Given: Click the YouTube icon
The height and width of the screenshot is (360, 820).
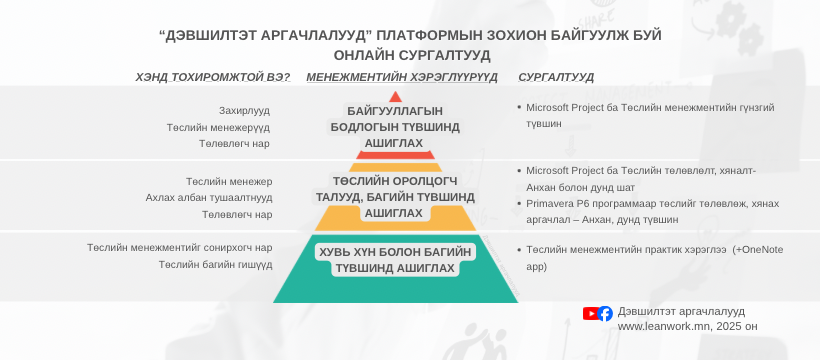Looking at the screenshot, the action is point(590,313).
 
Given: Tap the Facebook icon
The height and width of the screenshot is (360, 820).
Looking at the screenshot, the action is point(605,313).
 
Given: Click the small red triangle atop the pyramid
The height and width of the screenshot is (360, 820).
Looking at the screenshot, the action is point(395,96).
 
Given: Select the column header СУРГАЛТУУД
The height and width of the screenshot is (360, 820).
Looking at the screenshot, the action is point(556,77).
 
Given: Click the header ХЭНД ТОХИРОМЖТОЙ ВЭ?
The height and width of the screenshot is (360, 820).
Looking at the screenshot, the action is point(213,77).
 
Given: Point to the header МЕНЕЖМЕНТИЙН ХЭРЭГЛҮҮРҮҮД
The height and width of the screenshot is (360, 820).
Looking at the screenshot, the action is point(402,77).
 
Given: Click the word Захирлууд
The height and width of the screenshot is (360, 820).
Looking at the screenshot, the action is point(244,111).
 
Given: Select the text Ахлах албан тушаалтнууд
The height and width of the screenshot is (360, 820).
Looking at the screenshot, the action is point(209,198).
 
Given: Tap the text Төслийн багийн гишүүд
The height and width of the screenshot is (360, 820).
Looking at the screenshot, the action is point(216,265).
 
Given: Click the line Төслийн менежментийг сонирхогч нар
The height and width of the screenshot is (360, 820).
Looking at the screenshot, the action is point(180,248).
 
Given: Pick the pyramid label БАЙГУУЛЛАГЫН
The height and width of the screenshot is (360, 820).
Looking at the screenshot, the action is point(395,111).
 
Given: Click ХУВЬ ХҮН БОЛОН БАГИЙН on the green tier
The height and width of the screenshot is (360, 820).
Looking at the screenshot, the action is point(395,252).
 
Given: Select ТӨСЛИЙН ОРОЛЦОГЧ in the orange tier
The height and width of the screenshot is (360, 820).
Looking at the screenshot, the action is point(395,181).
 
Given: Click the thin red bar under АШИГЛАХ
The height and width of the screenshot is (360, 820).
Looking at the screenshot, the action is point(395,155).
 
